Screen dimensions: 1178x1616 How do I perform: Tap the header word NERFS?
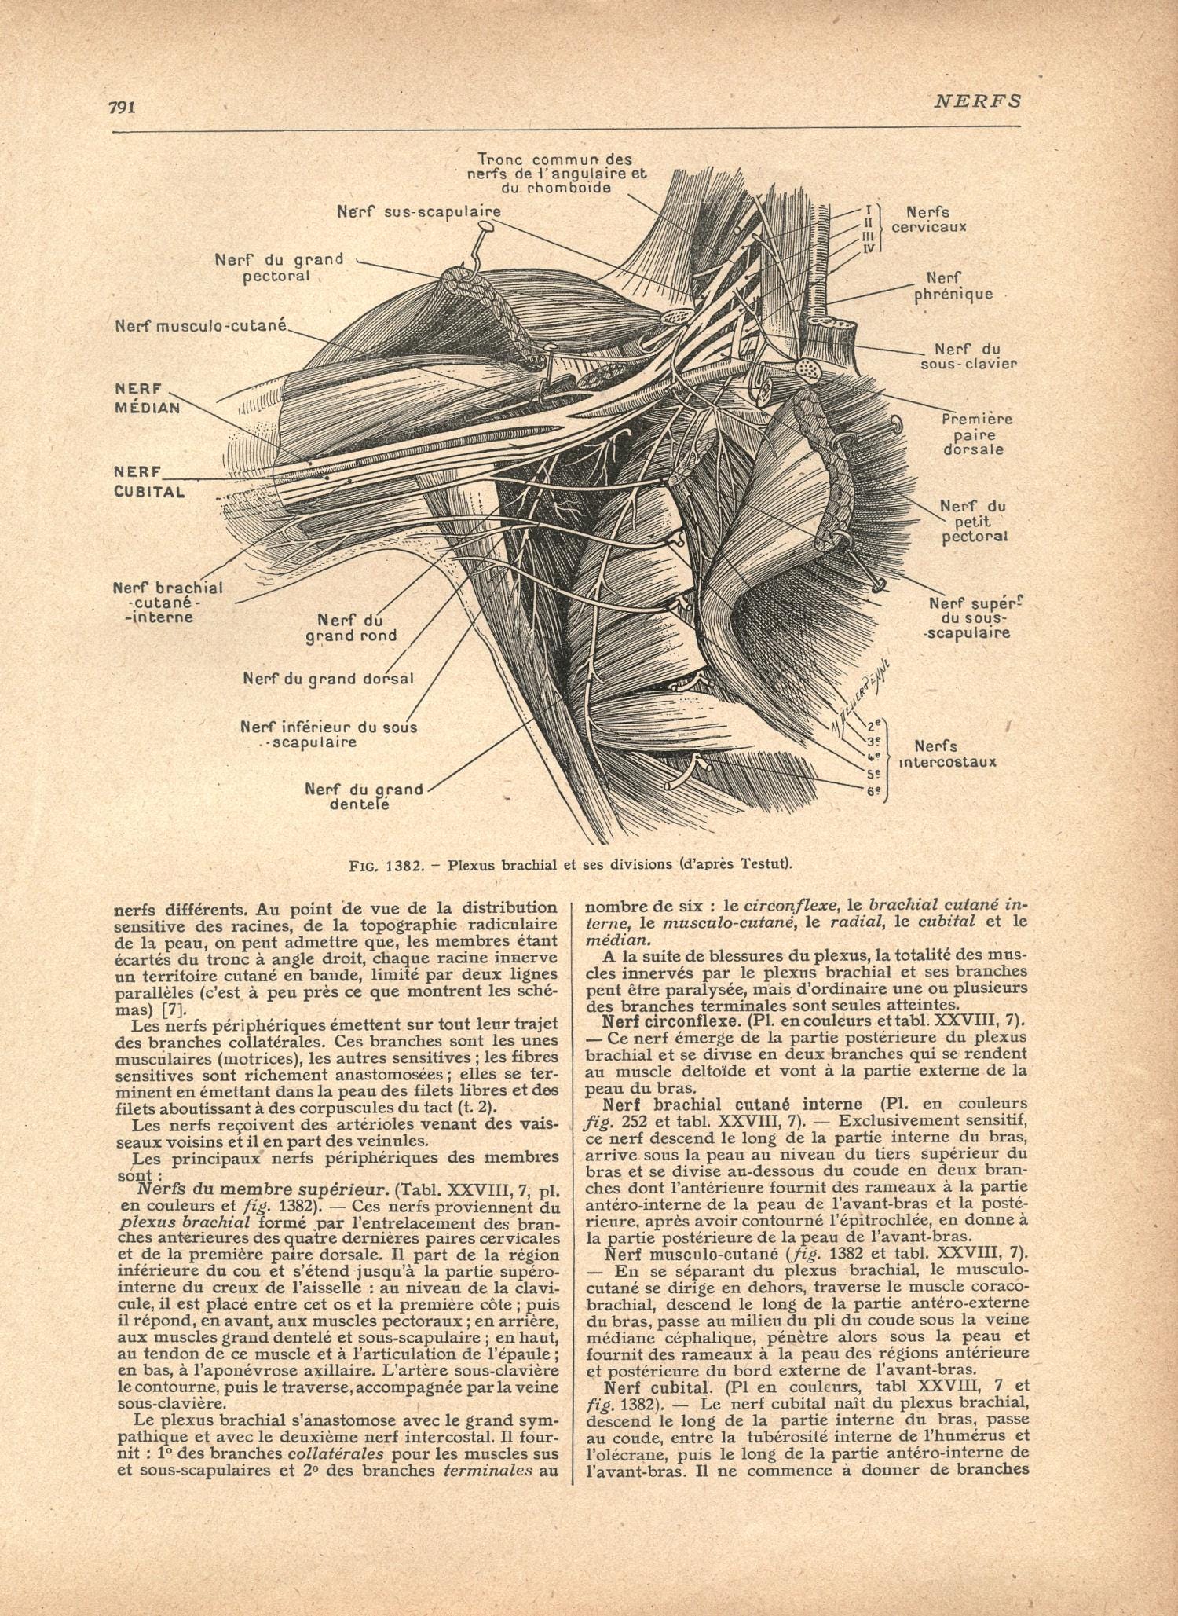click(x=978, y=101)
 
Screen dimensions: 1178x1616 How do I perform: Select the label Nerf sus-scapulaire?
click(x=419, y=211)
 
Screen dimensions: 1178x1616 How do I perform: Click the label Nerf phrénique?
click(x=953, y=286)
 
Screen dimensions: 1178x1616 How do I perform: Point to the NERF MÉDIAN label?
click(x=148, y=398)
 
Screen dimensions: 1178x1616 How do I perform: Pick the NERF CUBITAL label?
click(x=149, y=482)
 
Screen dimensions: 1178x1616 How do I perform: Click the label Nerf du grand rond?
click(x=351, y=628)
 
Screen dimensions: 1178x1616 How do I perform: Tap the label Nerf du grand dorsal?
click(x=328, y=678)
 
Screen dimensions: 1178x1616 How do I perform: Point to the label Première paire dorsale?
click(x=976, y=434)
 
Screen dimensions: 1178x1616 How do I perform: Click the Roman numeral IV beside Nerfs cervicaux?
click(x=869, y=248)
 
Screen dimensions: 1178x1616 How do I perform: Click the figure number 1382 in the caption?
click(x=405, y=866)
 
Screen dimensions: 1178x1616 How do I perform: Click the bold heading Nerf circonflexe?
click(x=670, y=1021)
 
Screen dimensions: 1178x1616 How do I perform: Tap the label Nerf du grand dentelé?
click(x=364, y=796)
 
